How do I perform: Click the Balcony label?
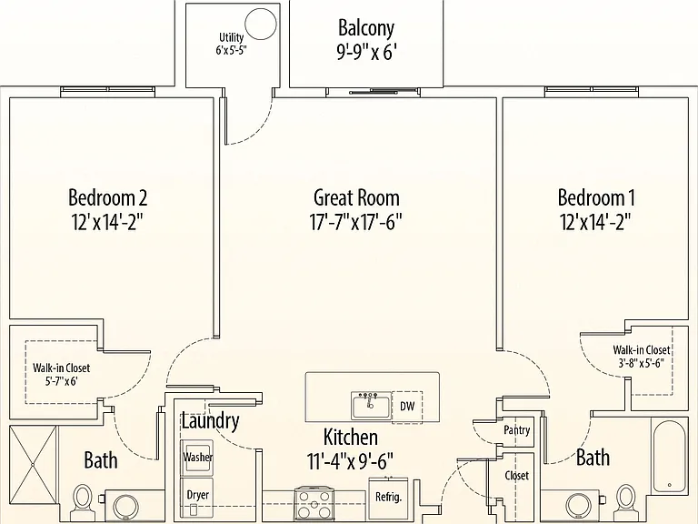(366, 28)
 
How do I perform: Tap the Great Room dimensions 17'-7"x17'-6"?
(355, 221)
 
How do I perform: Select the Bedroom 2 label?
(107, 197)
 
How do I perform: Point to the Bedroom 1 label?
(596, 197)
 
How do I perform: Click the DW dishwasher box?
(407, 406)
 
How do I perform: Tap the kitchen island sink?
(371, 406)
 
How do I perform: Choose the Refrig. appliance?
(388, 498)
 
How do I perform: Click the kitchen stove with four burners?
(314, 502)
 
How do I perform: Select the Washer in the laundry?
(196, 458)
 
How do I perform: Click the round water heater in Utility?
(261, 24)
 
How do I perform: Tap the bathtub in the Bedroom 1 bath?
(670, 455)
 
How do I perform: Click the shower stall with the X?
(34, 465)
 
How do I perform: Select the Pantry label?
(517, 430)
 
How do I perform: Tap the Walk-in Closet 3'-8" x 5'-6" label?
(641, 356)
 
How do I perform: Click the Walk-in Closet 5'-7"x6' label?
(61, 374)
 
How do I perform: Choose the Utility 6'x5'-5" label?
(231, 44)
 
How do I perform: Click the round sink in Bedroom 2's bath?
(127, 507)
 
